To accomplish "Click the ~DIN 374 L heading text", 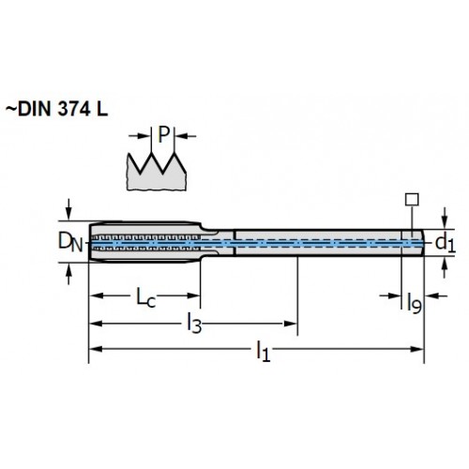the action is (56, 110).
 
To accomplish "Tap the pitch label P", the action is (163, 135).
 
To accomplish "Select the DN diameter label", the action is (70, 243).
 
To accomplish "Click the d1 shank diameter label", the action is (446, 243).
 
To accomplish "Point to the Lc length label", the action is (145, 297).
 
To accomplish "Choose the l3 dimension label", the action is (194, 324).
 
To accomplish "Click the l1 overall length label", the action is (264, 352).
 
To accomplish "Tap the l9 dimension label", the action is (415, 303).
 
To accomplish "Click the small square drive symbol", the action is (412, 200).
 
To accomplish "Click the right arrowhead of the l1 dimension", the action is (417, 349).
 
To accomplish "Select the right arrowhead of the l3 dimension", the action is (290, 324).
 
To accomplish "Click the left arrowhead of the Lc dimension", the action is (97, 295).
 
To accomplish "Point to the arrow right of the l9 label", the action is (436, 295).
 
